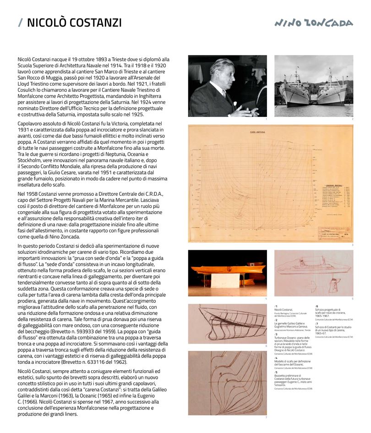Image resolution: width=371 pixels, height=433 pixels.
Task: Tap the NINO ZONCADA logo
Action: (314, 23)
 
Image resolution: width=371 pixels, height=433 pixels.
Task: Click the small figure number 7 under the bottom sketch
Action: (266, 417)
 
